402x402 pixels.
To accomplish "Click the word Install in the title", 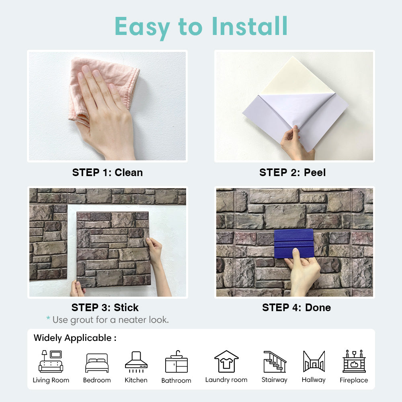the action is click(250, 26).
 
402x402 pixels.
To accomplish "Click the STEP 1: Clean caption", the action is click(107, 172).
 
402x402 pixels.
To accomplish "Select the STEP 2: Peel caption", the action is click(293, 172).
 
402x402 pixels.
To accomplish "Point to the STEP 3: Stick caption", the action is click(105, 308).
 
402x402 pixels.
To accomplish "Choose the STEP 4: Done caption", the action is click(296, 308).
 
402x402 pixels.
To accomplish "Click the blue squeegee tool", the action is click(294, 244).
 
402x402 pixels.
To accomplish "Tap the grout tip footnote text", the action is click(111, 320).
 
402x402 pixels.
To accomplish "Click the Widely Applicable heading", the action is click(75, 338).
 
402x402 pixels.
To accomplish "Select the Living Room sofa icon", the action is click(51, 361).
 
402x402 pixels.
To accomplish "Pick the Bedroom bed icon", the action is click(97, 363).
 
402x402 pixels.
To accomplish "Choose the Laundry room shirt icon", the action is click(226, 361).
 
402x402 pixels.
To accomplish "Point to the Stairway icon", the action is click(275, 361).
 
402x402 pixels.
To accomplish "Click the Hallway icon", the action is click(314, 361).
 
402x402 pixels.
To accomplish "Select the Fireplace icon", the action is click(354, 361).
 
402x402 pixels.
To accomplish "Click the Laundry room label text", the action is click(226, 380).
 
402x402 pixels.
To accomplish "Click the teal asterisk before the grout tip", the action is click(48, 318).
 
